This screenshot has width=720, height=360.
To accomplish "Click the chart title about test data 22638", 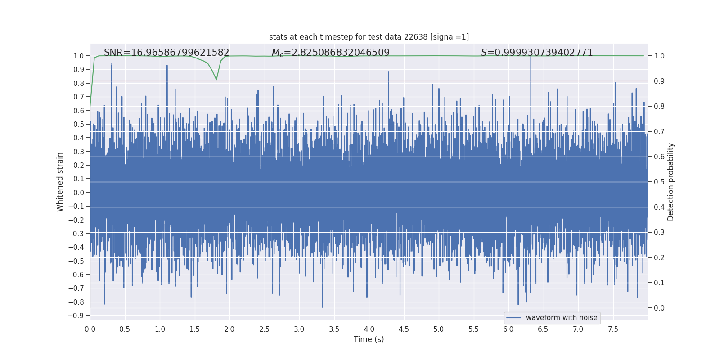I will pyautogui.click(x=369, y=37).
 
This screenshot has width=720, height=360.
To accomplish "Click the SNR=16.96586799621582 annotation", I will pyautogui.click(x=166, y=53).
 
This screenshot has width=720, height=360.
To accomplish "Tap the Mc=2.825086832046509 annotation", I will pyautogui.click(x=331, y=53).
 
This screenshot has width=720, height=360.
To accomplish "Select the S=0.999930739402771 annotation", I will pyautogui.click(x=537, y=53).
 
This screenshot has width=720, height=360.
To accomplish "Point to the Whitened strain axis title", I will pyautogui.click(x=60, y=182).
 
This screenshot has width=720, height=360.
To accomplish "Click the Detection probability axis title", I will pyautogui.click(x=670, y=182).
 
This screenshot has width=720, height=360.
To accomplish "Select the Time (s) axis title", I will pyautogui.click(x=369, y=339).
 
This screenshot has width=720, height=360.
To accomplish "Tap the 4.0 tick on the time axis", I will pyautogui.click(x=369, y=329).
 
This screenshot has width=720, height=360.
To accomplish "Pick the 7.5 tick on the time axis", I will pyautogui.click(x=613, y=329).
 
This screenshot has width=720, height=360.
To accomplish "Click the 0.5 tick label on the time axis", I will pyautogui.click(x=125, y=329).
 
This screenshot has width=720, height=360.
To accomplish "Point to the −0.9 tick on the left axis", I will pyautogui.click(x=76, y=315).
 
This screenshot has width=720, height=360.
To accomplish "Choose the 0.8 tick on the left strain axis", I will pyautogui.click(x=79, y=83).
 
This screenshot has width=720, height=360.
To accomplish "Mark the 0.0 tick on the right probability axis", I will pyautogui.click(x=659, y=308).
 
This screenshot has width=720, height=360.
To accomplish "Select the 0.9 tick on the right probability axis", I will pyautogui.click(x=659, y=81).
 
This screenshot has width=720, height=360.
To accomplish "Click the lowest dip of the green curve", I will pyautogui.click(x=216, y=80).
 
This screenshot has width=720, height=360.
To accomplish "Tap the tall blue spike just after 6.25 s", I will pyautogui.click(x=531, y=57).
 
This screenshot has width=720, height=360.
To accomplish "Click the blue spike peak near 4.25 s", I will pyautogui.click(x=388, y=72).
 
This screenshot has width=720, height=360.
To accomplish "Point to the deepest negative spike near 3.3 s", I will pyautogui.click(x=322, y=307).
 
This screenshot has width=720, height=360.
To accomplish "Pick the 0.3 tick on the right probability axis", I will pyautogui.click(x=659, y=232).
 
